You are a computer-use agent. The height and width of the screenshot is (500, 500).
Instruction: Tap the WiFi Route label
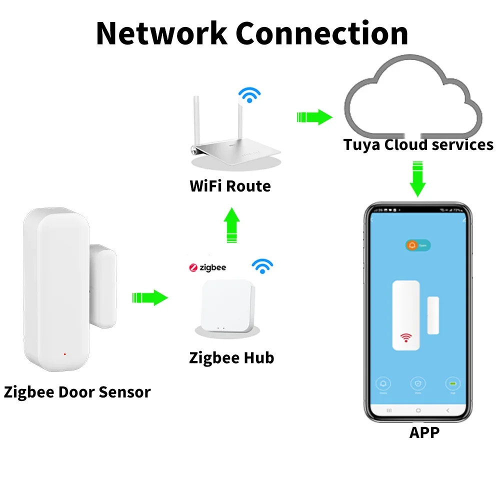click(x=230, y=186)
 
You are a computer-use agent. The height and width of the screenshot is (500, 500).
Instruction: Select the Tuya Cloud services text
click(x=418, y=145)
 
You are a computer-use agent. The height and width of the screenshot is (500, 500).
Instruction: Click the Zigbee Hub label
click(x=231, y=358)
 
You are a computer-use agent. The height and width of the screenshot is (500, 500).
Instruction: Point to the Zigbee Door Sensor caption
click(x=77, y=392)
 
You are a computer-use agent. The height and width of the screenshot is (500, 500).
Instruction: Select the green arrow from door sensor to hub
click(x=149, y=297)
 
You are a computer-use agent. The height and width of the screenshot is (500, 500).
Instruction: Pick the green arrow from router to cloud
click(x=314, y=117)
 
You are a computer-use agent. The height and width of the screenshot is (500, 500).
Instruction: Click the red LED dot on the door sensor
click(x=64, y=354)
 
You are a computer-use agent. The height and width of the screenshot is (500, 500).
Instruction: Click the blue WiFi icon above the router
click(x=249, y=94)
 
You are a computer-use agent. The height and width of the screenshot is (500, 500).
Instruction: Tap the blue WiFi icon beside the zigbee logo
click(x=261, y=266)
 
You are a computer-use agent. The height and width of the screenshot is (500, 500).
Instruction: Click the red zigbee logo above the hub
click(x=193, y=268)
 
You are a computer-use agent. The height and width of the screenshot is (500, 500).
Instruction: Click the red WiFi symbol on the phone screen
click(x=405, y=339)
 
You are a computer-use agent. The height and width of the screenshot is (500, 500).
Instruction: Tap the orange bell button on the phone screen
click(x=413, y=245)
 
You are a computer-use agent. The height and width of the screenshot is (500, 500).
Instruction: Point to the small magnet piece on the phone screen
click(x=433, y=315)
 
